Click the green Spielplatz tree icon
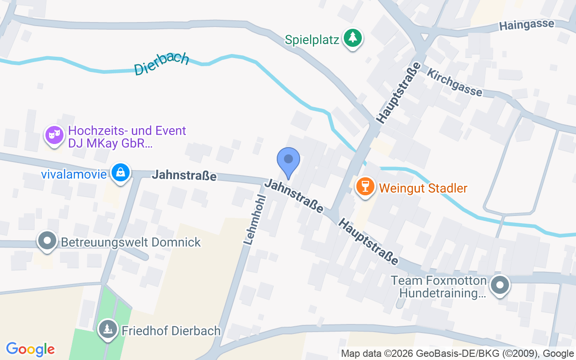[353, 38]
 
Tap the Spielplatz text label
[312, 40]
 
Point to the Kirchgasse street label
[454, 82]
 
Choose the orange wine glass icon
[365, 186]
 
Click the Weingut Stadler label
[423, 188]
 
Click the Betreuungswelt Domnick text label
[130, 243]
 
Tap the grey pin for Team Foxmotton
[499, 285]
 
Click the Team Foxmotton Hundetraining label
[439, 287]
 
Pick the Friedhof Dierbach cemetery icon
[108, 329]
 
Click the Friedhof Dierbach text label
[171, 331]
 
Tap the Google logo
[31, 349]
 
